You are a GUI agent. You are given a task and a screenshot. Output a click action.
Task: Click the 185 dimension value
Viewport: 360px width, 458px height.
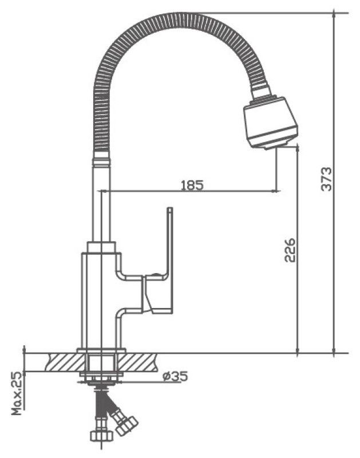click(x=192, y=185)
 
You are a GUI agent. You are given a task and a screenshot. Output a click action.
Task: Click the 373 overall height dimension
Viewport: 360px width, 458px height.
click(x=325, y=179)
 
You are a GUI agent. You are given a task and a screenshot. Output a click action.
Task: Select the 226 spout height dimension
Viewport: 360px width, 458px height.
click(x=290, y=250)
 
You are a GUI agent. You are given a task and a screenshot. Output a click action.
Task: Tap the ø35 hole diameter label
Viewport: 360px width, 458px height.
click(x=175, y=377)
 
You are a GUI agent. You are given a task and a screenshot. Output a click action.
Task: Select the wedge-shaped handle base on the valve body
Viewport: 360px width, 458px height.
click(x=156, y=294)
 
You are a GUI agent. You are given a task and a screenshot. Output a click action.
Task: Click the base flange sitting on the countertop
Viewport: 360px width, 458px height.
click(x=101, y=350)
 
